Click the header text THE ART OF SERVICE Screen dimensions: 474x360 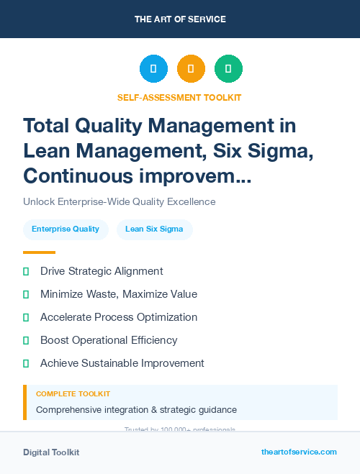tap(180, 19)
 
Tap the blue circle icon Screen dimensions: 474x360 tap(153, 69)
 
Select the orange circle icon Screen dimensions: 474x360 tap(191, 69)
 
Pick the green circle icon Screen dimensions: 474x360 tap(228, 69)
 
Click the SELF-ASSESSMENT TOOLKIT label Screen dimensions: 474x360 tap(179, 97)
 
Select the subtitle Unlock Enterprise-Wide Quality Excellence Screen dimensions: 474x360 tap(120, 201)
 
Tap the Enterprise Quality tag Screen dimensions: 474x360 tap(66, 229)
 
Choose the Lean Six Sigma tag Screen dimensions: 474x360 tap(154, 229)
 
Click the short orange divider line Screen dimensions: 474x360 tap(39, 252)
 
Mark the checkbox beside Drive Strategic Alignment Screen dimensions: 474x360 tap(26, 271)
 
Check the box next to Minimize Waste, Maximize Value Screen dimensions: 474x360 tap(26, 294)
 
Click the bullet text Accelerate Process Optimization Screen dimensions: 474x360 tap(119, 317)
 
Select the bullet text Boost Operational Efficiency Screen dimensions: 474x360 tap(109, 340)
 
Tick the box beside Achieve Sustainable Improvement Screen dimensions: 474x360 tap(26, 363)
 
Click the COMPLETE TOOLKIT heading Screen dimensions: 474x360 tap(73, 394)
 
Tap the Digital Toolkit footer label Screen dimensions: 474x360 tap(51, 452)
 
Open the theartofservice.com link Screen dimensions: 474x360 tap(299, 452)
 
